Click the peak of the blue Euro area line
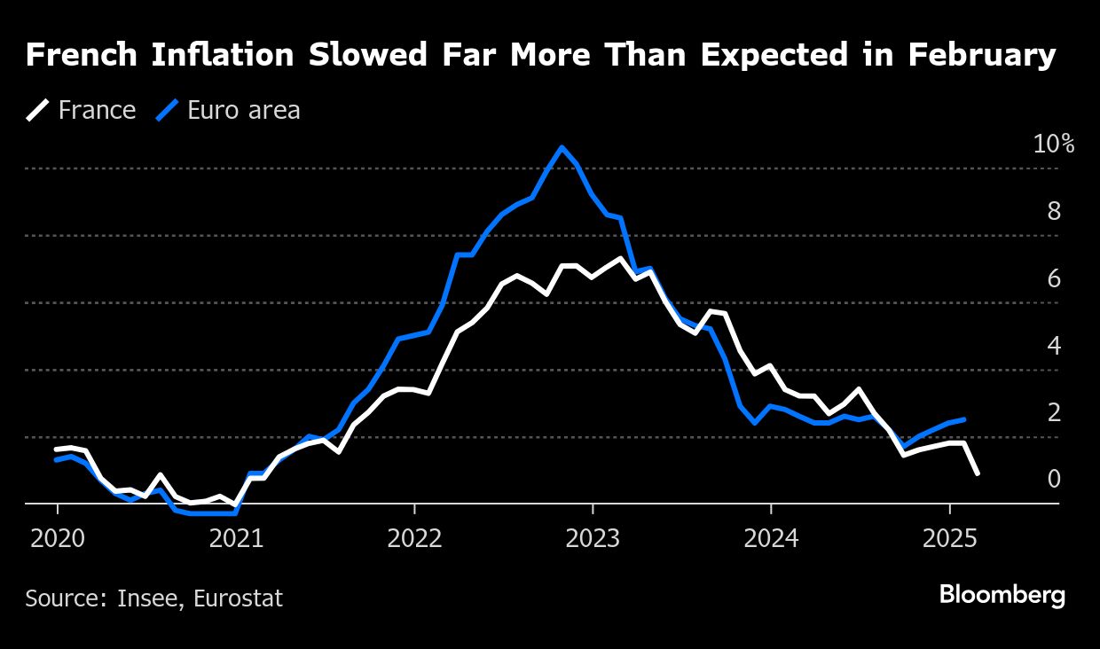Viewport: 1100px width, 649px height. click(x=561, y=148)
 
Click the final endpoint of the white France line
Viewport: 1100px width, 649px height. click(x=978, y=473)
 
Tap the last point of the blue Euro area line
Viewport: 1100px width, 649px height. click(x=964, y=419)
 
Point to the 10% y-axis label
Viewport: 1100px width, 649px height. click(x=1053, y=145)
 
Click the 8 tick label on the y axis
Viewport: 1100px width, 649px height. click(x=1054, y=212)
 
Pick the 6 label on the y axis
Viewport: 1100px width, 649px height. click(x=1054, y=279)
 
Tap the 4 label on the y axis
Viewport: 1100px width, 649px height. click(x=1054, y=346)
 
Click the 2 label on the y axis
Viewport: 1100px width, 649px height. click(x=1054, y=413)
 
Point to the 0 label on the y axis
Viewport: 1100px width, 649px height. click(x=1054, y=480)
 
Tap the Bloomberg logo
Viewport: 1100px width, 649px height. click(x=1002, y=596)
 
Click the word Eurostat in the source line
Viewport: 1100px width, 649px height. click(x=240, y=598)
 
